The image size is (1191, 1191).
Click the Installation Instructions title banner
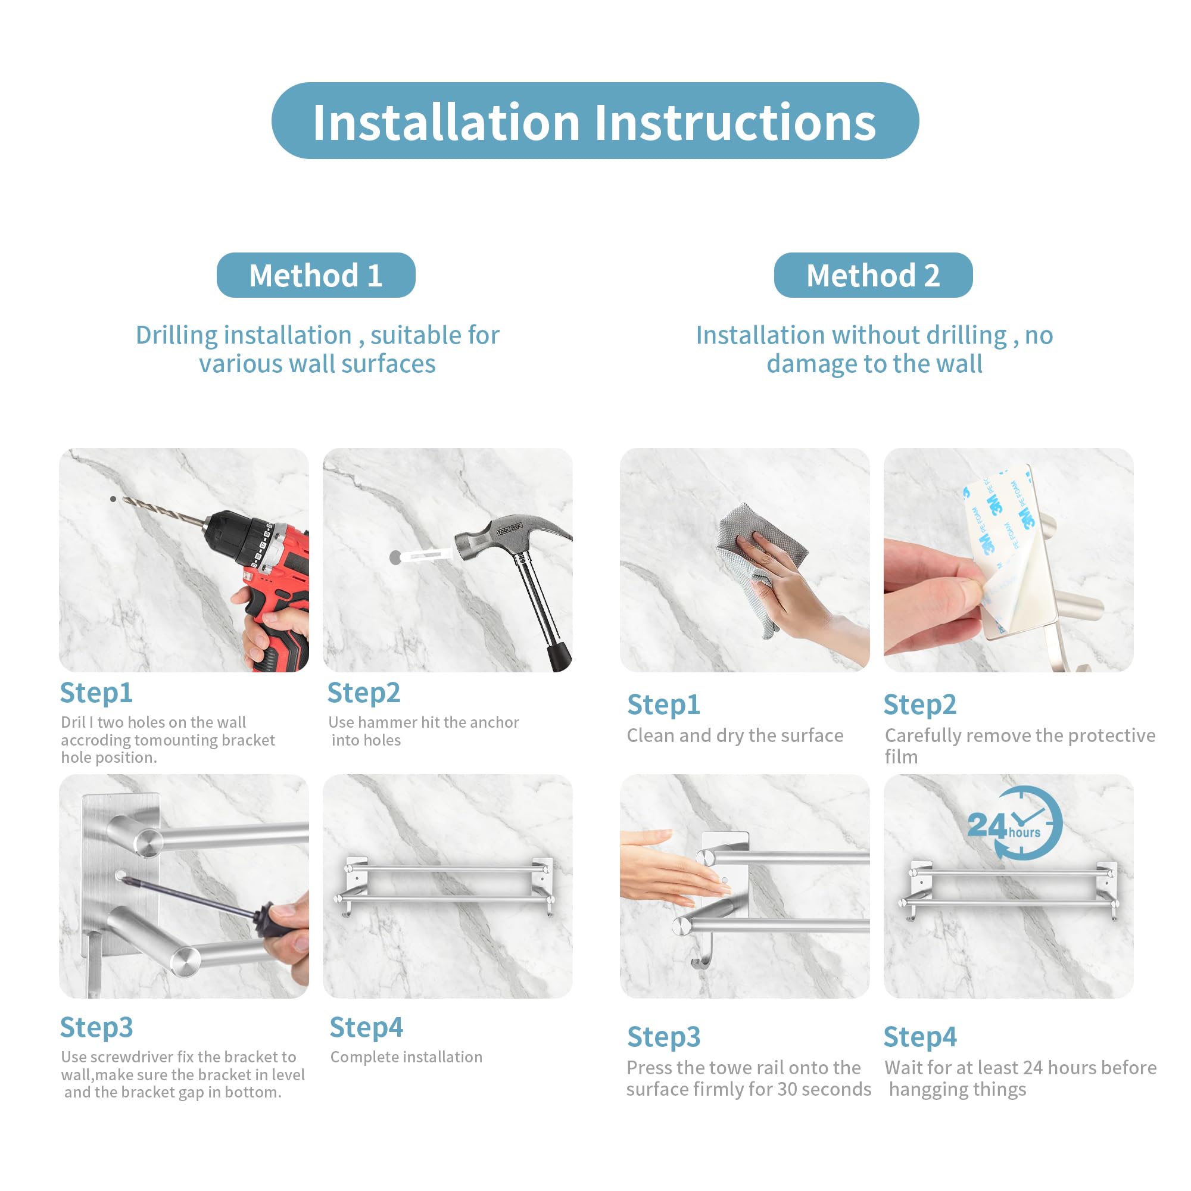595,121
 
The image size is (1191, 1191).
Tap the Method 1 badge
316,275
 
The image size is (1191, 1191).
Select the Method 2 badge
873,275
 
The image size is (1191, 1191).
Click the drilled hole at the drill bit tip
113,498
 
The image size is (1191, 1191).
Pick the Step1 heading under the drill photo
96,693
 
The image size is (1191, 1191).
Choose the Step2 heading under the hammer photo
364,693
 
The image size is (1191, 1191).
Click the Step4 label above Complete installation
366,1028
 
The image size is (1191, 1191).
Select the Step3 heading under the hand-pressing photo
664,1037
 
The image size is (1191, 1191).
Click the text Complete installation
406,1056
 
